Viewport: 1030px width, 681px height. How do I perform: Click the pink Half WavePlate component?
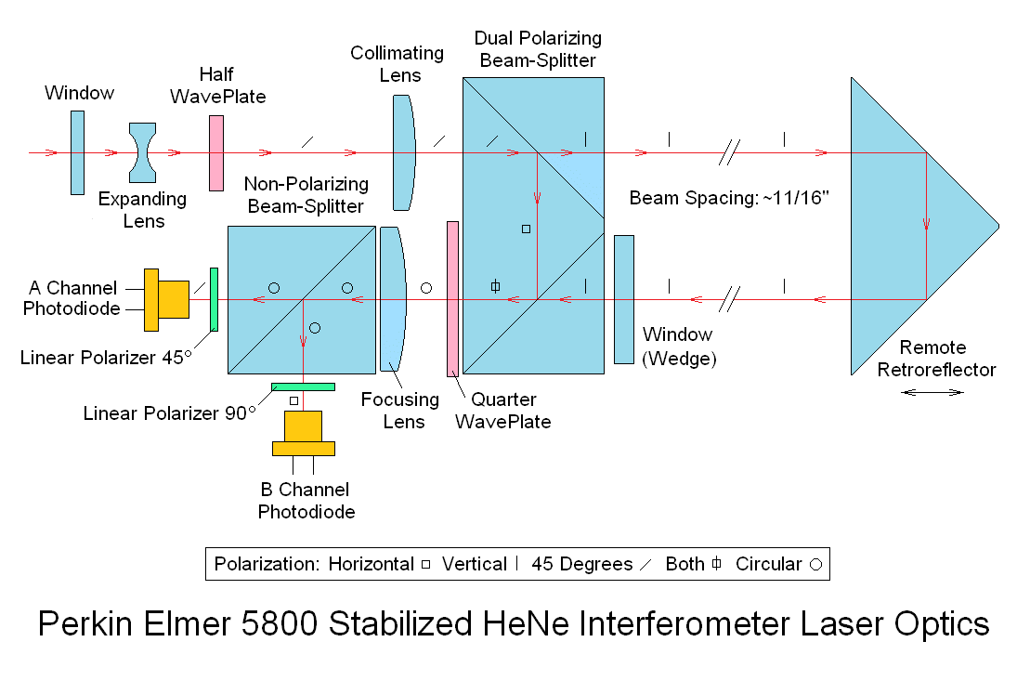[x=216, y=153]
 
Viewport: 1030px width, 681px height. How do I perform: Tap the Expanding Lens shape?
[x=144, y=153]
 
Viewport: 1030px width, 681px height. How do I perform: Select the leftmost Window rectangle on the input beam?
[x=77, y=153]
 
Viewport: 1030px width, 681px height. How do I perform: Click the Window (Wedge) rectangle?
[x=623, y=299]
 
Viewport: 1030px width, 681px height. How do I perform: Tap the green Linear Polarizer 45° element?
[x=214, y=299]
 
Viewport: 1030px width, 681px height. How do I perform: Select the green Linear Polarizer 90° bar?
[x=303, y=386]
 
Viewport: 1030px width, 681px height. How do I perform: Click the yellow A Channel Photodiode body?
[x=168, y=299]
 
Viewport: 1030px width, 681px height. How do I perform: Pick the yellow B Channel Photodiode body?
[x=303, y=433]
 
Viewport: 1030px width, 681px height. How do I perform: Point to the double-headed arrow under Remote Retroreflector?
[x=933, y=393]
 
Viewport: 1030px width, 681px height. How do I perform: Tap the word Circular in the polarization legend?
[x=768, y=564]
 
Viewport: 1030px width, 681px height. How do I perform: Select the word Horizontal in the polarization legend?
[x=371, y=564]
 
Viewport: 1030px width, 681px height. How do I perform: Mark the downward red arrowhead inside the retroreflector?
[x=926, y=224]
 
